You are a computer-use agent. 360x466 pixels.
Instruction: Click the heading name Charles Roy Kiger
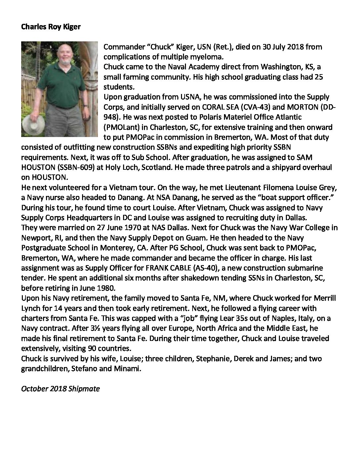pos(51,27)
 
